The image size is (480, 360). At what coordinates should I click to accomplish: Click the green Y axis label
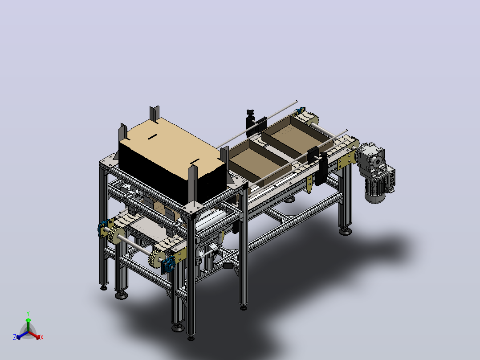[x=28, y=313]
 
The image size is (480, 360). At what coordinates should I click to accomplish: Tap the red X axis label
[x=42, y=337]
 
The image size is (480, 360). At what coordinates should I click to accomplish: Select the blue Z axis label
[x=14, y=337]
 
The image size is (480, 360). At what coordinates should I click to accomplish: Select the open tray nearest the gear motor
[x=297, y=136]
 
